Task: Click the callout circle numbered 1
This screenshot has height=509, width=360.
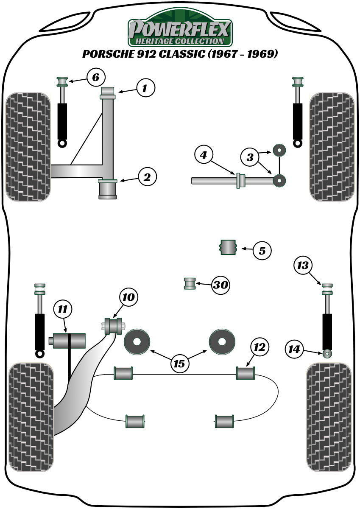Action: [x=145, y=88]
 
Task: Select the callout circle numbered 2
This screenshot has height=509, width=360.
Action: [x=147, y=177]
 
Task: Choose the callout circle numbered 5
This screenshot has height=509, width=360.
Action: [x=262, y=251]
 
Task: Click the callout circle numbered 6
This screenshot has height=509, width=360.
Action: [x=96, y=77]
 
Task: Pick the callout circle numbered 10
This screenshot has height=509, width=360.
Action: [x=128, y=297]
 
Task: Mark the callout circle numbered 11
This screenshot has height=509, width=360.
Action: [x=63, y=310]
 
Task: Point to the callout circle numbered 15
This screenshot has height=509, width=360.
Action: [x=180, y=363]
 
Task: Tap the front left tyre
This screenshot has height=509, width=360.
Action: [x=29, y=146]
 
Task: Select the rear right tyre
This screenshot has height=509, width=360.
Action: [x=329, y=417]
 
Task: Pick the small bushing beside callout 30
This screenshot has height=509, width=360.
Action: [x=190, y=283]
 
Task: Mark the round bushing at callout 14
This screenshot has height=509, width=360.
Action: [x=327, y=353]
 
